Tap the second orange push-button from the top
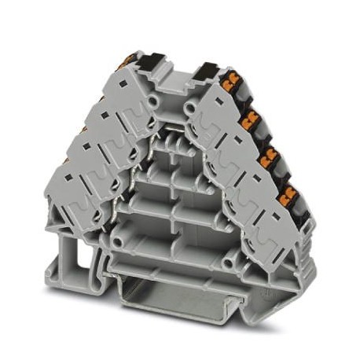pyautogui.click(x=253, y=119)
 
